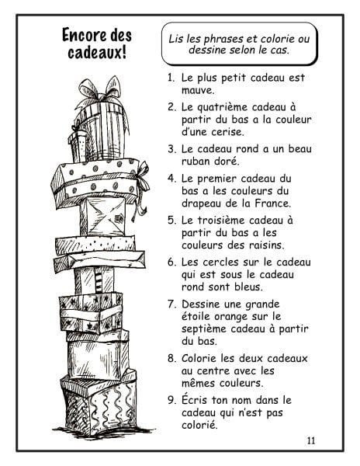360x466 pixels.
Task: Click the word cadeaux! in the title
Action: pos(97,53)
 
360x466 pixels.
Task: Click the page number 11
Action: pos(311,440)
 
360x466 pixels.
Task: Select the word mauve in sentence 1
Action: pos(197,90)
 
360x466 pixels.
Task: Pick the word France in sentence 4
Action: pos(273,203)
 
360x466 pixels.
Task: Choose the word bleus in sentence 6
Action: pos(248,287)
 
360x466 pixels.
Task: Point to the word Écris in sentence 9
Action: pos(195,400)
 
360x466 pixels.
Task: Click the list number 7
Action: pos(171,304)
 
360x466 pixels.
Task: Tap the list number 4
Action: pos(171,179)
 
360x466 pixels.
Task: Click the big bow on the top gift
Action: pos(100,89)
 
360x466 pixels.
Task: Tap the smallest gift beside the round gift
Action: pos(78,146)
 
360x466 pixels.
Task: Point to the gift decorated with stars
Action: pos(91,312)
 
